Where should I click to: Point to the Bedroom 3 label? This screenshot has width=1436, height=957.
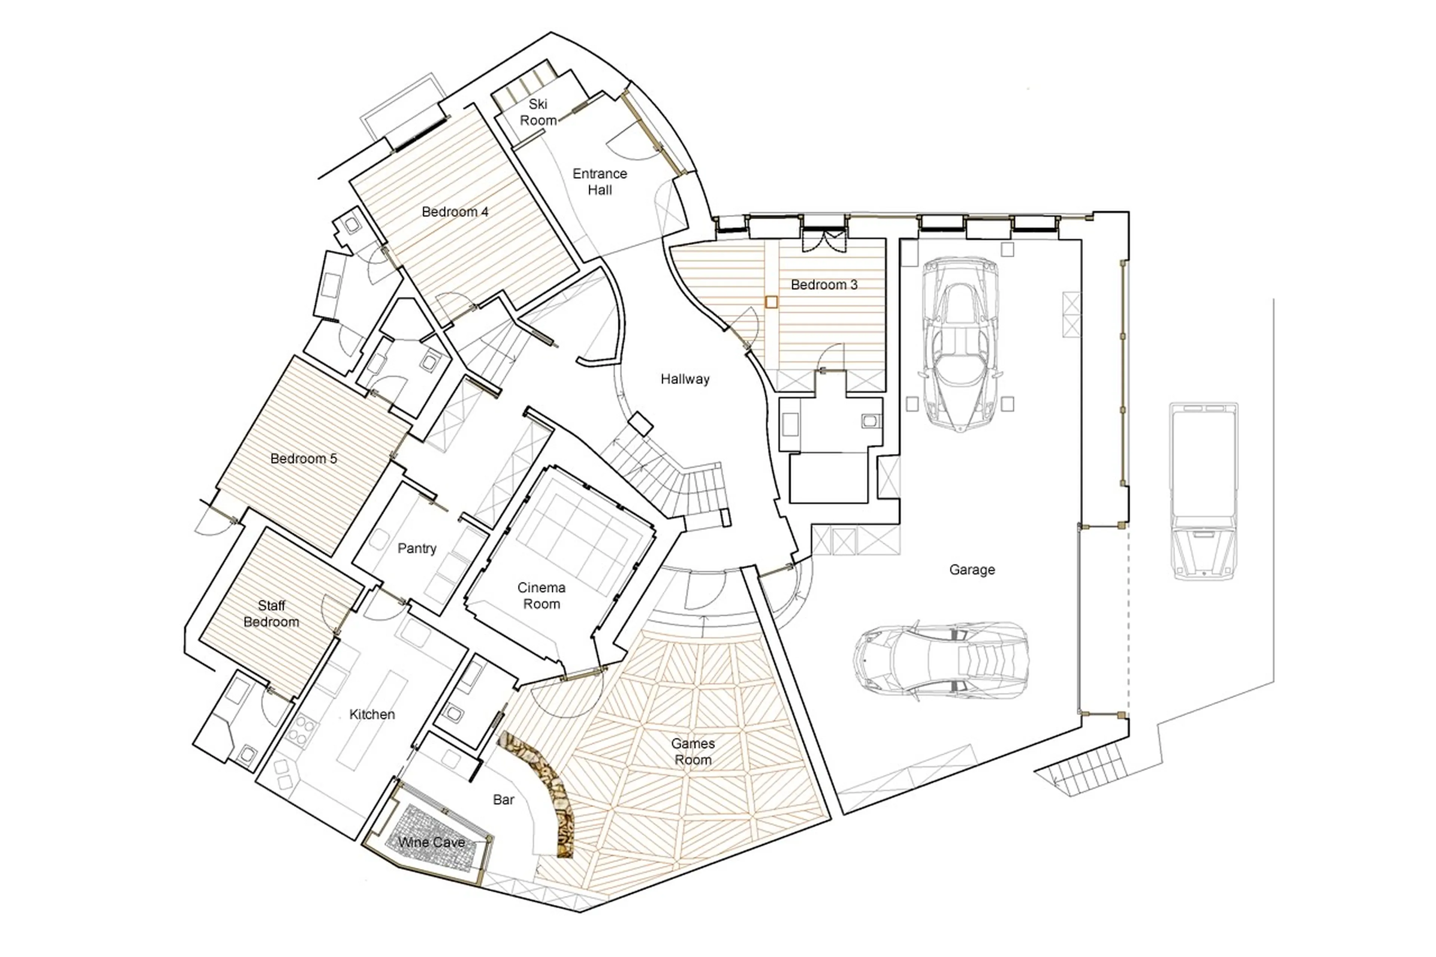click(x=823, y=285)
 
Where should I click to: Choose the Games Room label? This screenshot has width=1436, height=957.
click(x=692, y=751)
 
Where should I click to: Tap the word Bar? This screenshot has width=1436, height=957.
click(x=503, y=800)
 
